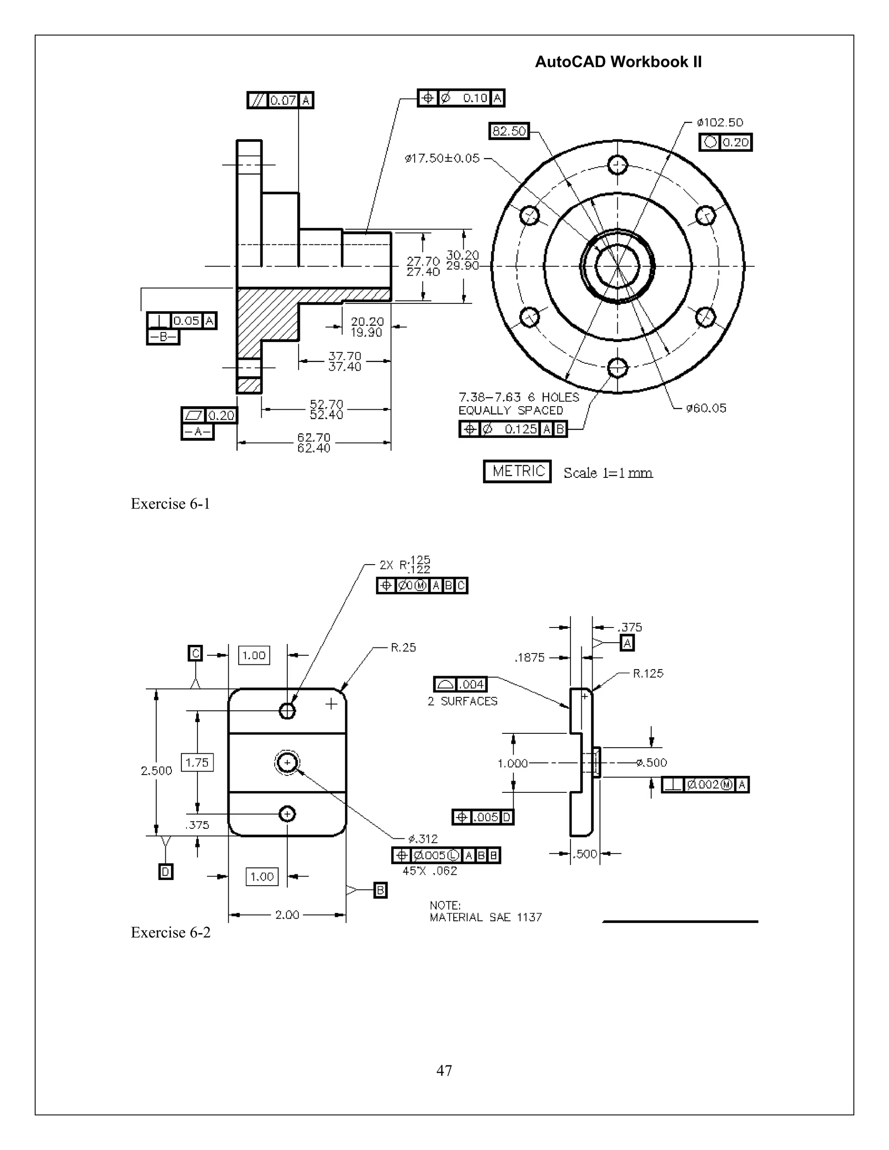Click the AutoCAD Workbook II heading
pyautogui.click(x=618, y=62)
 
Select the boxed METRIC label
pyautogui.click(x=517, y=471)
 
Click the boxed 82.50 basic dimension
pyautogui.click(x=509, y=131)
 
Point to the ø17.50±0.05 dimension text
pyautogui.click(x=442, y=158)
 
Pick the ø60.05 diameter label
pyautogui.click(x=706, y=408)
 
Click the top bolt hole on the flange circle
pyautogui.click(x=617, y=165)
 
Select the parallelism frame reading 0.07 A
pyautogui.click(x=280, y=100)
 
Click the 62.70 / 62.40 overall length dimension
pyautogui.click(x=313, y=443)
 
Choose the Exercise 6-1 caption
pyautogui.click(x=170, y=504)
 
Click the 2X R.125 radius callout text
pyautogui.click(x=405, y=565)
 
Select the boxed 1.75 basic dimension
pyautogui.click(x=197, y=762)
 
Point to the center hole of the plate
pyautogui.click(x=287, y=762)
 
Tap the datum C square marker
pyautogui.click(x=195, y=654)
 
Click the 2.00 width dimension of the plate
pyautogui.click(x=287, y=915)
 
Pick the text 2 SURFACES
pyautogui.click(x=462, y=701)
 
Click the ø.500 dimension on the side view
pyautogui.click(x=652, y=762)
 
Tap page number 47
pyautogui.click(x=444, y=1071)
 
